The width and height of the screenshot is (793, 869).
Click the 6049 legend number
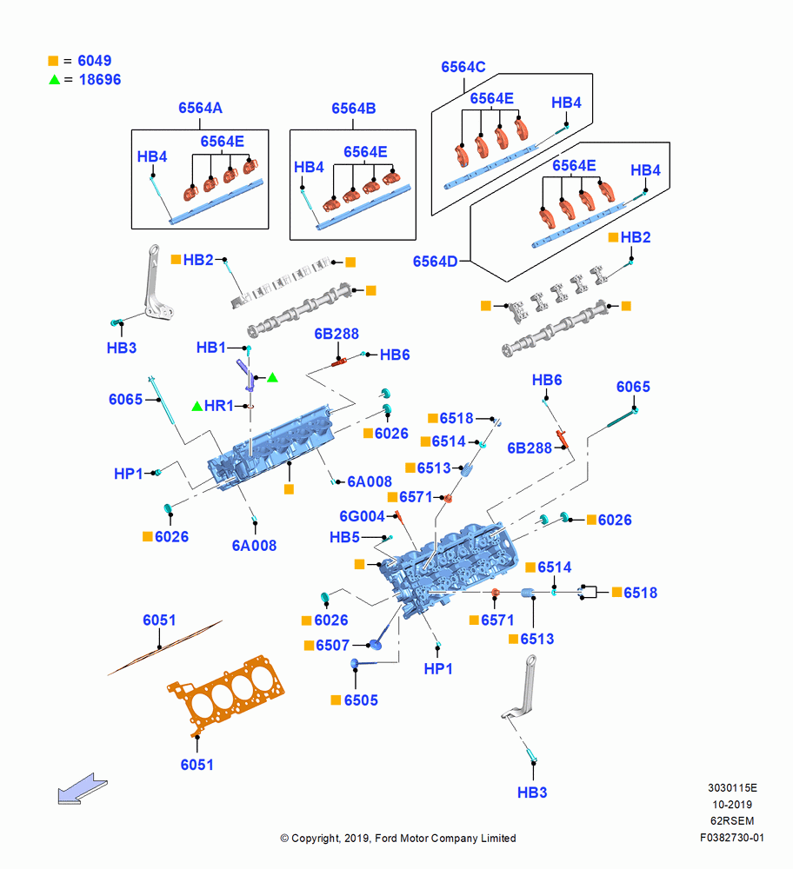(x=94, y=61)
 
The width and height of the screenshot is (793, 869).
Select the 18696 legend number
(x=100, y=79)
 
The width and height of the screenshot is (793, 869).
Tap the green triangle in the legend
(x=55, y=79)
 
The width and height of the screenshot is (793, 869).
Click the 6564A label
(x=200, y=108)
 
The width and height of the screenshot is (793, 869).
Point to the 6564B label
(x=353, y=108)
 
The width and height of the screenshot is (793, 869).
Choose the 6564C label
(x=463, y=67)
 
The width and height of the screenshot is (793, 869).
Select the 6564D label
(x=436, y=261)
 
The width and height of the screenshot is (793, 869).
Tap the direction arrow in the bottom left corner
(x=82, y=788)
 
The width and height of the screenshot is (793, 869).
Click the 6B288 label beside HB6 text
(x=336, y=334)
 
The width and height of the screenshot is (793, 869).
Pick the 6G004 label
(x=362, y=516)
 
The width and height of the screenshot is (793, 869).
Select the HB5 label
(x=344, y=537)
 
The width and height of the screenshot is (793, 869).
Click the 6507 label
(x=333, y=645)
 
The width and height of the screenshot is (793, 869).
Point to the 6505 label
(x=361, y=700)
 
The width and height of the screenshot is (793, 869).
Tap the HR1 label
(x=218, y=406)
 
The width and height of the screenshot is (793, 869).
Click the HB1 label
(x=210, y=348)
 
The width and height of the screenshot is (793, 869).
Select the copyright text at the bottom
(x=398, y=838)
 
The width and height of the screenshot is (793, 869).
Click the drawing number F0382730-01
(x=731, y=838)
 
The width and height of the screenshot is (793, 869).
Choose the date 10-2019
(x=732, y=804)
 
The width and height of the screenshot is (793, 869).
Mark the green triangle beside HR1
(x=197, y=406)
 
